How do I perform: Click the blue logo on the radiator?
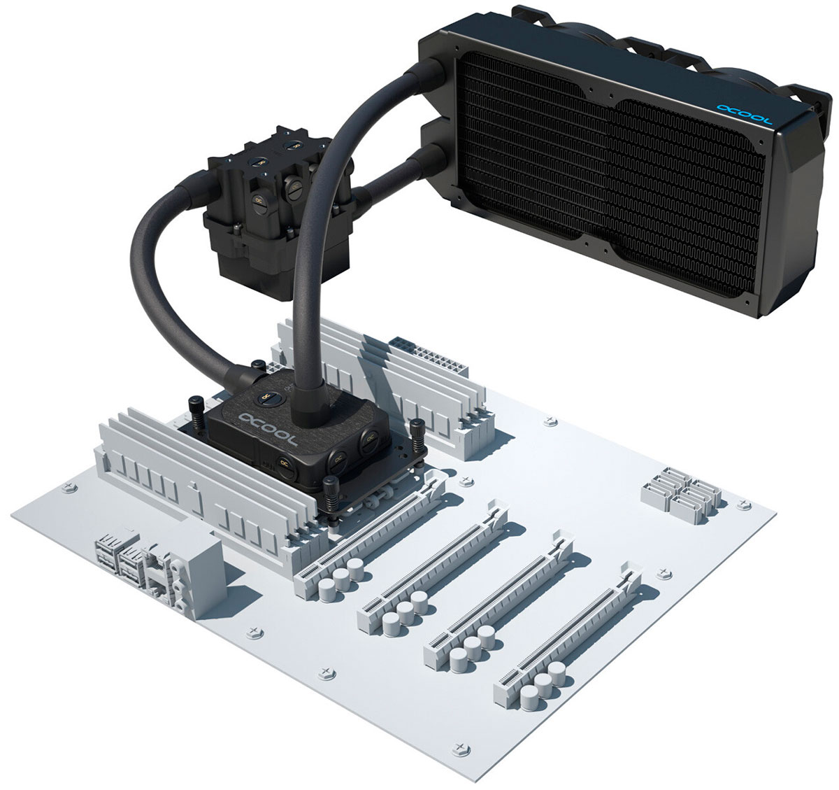[x=743, y=114]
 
